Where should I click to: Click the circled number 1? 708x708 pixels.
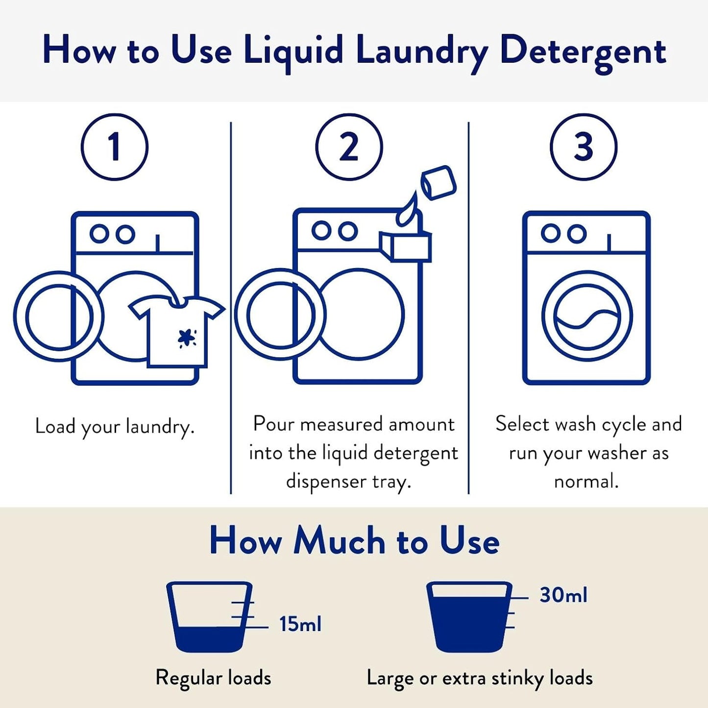(114, 147)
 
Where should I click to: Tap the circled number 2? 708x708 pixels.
(349, 147)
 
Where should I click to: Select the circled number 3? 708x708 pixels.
(583, 147)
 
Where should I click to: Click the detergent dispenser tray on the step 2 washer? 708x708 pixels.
(406, 246)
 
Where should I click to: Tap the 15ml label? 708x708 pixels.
(300, 625)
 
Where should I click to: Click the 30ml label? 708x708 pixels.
(563, 595)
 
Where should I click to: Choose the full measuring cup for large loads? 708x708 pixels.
(469, 617)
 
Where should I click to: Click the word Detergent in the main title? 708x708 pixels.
(583, 51)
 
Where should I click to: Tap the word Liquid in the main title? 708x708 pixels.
(293, 51)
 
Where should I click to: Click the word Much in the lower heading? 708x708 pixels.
(339, 541)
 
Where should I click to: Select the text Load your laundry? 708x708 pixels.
(115, 426)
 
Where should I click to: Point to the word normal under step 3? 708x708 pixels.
(586, 481)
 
